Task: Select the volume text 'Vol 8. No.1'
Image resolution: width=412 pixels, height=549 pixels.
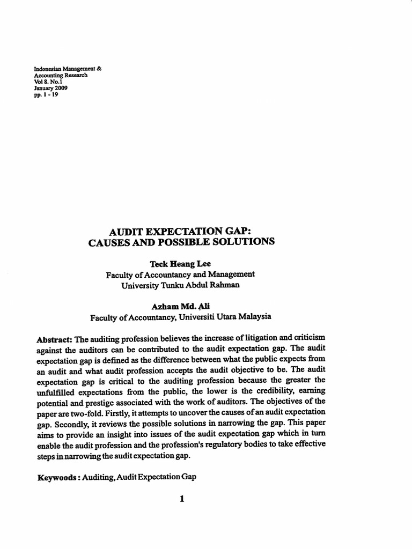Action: pos(48,83)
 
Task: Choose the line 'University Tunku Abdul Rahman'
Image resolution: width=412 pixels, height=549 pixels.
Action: pos(180,285)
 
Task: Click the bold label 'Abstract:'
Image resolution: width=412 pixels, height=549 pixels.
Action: pos(54,340)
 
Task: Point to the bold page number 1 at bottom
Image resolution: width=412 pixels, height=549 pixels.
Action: pos(182,499)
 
